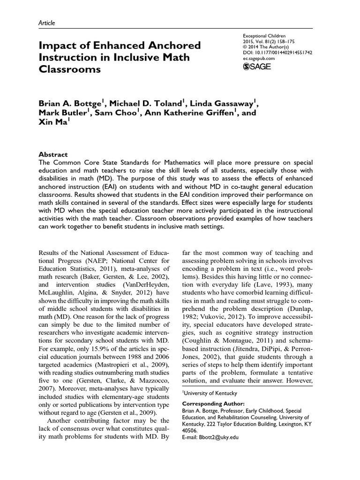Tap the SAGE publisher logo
[257, 66]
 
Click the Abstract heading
[52, 154]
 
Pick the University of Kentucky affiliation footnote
[210, 393]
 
